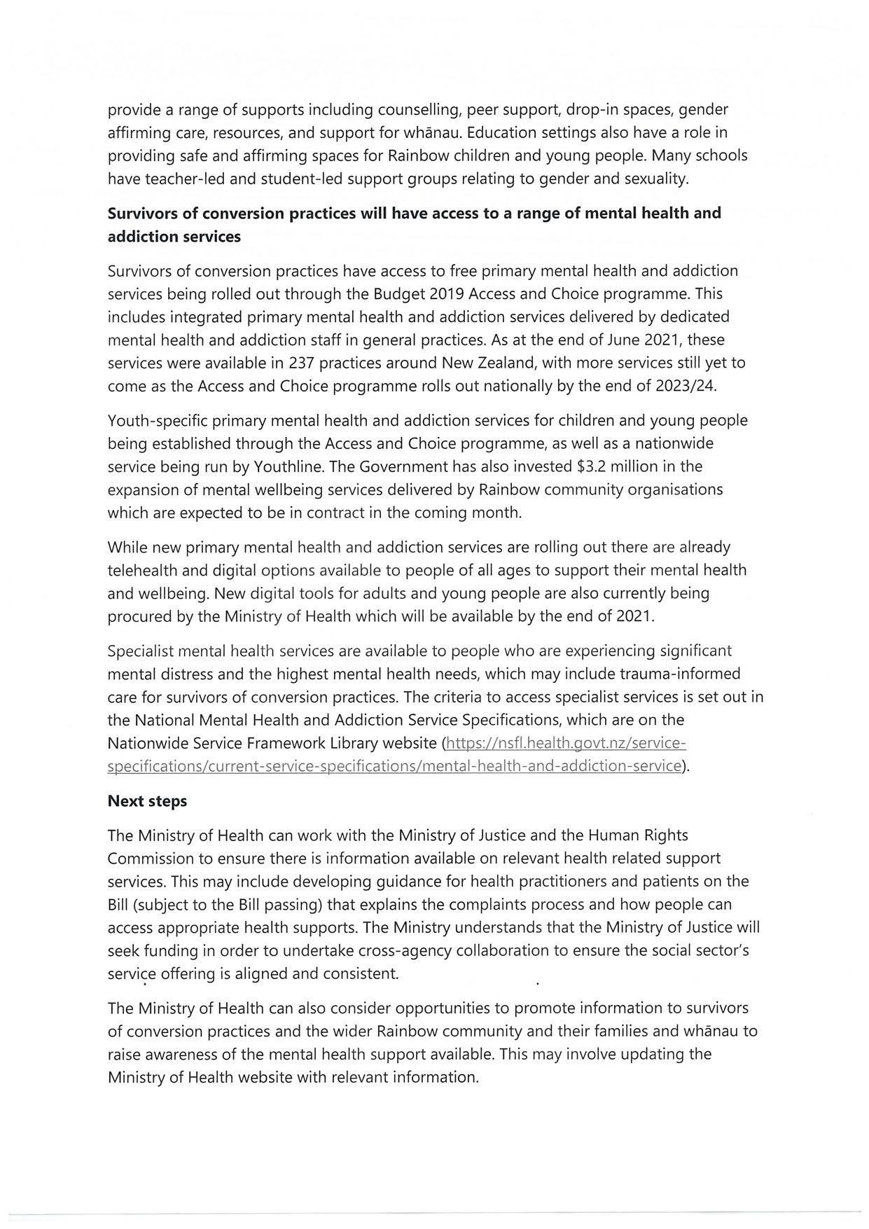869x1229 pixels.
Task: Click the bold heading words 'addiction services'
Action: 174,237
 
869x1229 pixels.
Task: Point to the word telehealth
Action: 145,571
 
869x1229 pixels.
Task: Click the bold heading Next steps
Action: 147,801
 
